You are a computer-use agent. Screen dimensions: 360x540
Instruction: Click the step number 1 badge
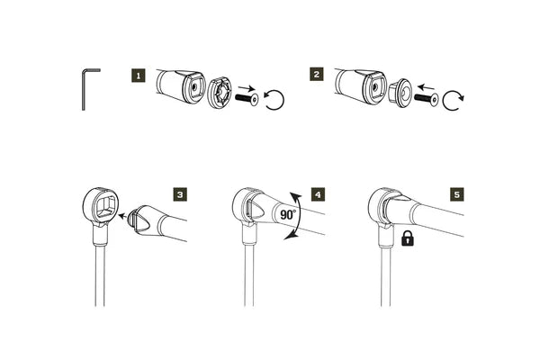point(138,76)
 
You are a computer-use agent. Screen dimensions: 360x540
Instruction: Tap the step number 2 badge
point(316,76)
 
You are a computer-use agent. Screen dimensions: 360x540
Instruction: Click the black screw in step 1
point(245,96)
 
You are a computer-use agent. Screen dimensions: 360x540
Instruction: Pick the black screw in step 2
point(425,96)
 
